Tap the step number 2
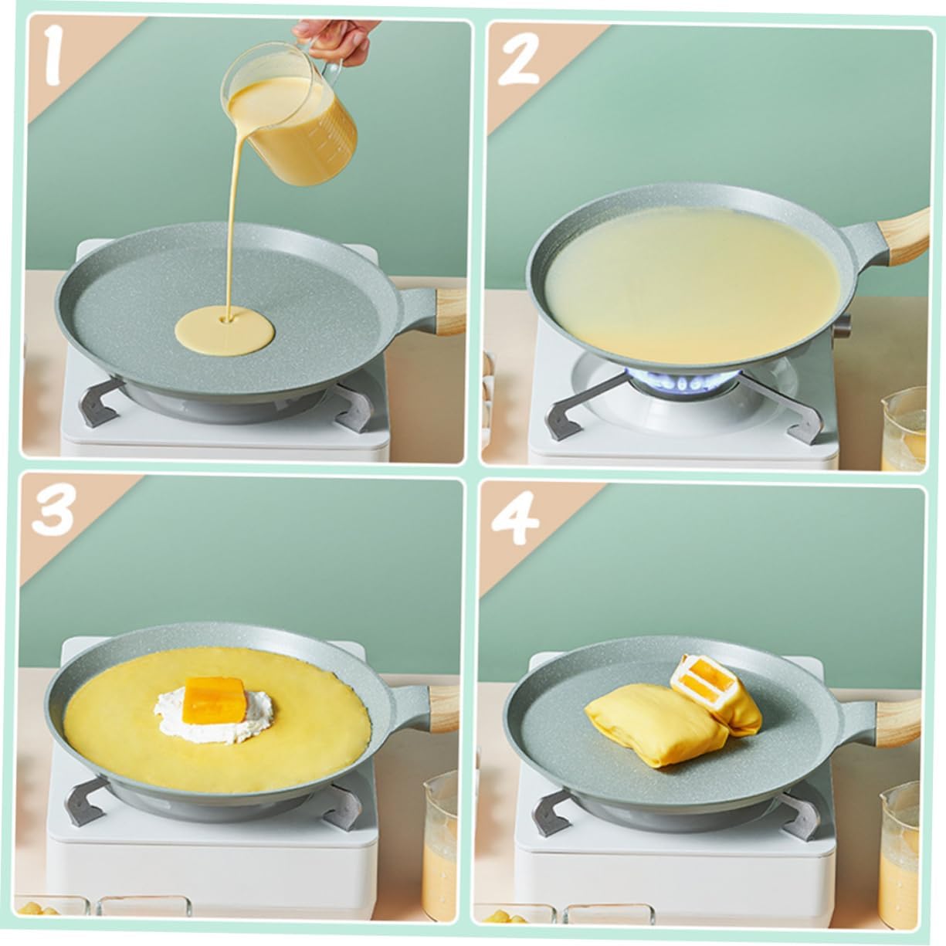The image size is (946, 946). click(x=518, y=59)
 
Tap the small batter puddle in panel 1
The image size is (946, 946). click(x=225, y=331)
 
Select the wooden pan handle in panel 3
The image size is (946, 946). click(x=443, y=706)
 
